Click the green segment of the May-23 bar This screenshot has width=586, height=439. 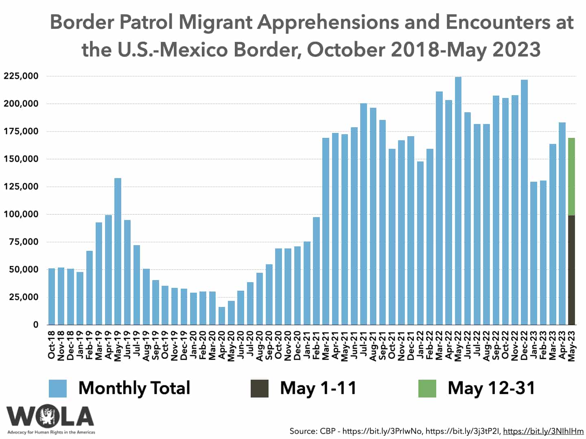(572, 177)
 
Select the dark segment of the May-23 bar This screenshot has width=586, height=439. (572, 270)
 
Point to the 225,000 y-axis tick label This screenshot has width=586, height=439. (21, 76)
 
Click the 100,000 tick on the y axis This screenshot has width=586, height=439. (21, 214)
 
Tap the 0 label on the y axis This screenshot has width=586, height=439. (36, 325)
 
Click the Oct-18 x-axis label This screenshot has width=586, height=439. (52, 345)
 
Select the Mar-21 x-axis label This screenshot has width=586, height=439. (326, 345)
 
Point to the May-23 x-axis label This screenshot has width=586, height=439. (572, 345)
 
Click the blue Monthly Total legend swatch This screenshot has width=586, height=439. (57, 388)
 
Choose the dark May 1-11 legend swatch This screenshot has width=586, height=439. (259, 388)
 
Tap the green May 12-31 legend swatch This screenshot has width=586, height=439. (427, 388)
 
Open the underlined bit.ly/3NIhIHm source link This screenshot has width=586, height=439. (543, 431)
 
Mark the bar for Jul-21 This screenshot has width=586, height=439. (363, 214)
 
